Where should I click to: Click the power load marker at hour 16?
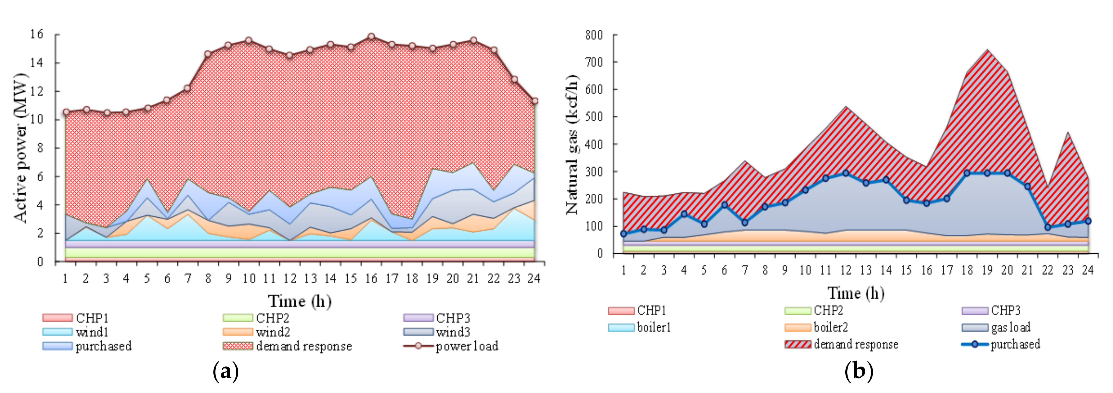point(371,37)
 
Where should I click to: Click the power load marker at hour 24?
point(535,101)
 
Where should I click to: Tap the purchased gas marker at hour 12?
point(846,173)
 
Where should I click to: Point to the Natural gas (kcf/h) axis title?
point(572,145)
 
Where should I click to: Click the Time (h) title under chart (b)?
point(856,293)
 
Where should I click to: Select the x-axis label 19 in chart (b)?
point(987,270)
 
